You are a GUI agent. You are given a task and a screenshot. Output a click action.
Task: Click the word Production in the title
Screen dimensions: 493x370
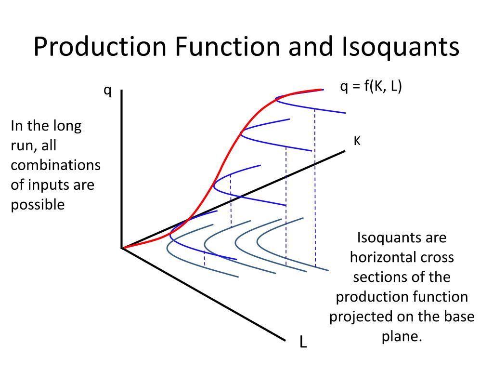click(100, 47)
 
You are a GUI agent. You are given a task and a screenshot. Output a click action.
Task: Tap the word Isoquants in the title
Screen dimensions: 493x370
click(401, 47)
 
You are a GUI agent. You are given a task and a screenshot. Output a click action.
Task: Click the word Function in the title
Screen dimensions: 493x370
click(227, 47)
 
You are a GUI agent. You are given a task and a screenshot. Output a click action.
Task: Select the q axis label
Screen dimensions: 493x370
click(108, 91)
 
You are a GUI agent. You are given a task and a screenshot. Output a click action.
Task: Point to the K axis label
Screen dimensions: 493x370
click(357, 141)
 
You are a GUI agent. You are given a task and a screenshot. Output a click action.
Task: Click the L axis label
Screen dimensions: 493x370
click(303, 342)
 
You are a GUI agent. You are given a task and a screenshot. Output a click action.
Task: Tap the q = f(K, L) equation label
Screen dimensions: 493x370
click(371, 86)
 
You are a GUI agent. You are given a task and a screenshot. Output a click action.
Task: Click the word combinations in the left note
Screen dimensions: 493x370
click(56, 165)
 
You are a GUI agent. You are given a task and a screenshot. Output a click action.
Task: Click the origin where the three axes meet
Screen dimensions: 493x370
click(122, 248)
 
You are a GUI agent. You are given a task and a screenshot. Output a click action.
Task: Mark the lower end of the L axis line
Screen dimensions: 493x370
click(285, 340)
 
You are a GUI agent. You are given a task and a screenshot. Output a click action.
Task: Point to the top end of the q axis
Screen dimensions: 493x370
click(122, 90)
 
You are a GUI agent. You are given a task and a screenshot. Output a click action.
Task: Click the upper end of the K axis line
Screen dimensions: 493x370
click(345, 151)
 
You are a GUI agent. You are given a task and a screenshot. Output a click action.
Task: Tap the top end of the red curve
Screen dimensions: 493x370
click(322, 90)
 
